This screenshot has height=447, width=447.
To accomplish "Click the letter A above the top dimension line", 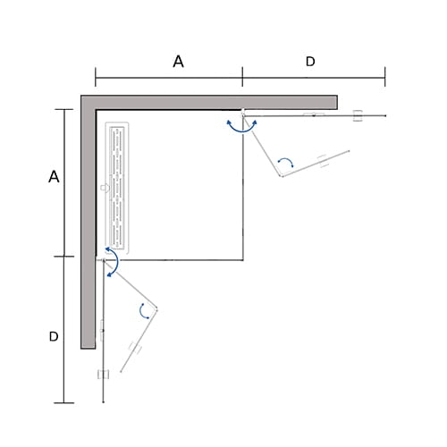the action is [178, 62].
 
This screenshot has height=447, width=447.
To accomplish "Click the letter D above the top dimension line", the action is [310, 62].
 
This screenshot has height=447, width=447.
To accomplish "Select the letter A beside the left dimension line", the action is [54, 176].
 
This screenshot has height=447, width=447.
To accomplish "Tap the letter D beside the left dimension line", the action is [54, 336].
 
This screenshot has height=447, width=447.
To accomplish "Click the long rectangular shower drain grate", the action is [117, 188].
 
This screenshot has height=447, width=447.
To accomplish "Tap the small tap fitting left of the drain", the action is [105, 188].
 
